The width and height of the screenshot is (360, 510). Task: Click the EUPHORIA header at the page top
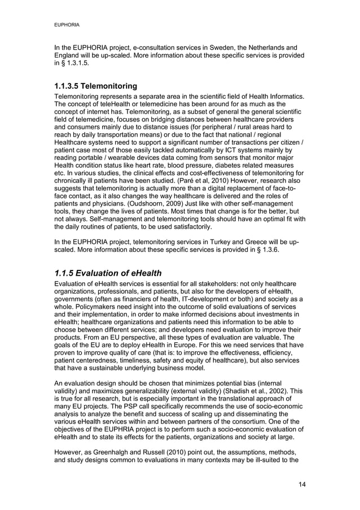tap(66, 25)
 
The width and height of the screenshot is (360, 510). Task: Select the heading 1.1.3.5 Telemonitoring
tap(95, 86)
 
